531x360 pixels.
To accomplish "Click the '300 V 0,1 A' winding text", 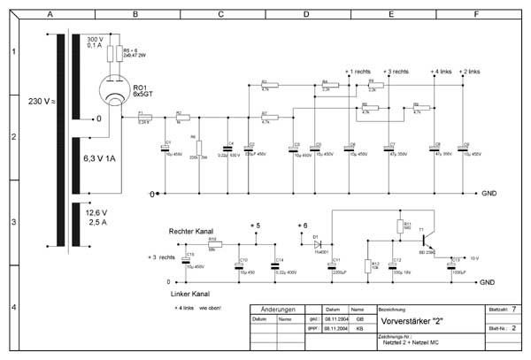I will (94, 44).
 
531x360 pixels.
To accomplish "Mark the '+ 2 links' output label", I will (470, 72).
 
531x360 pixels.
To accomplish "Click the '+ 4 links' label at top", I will (441, 72).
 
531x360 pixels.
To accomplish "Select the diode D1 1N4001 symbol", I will (317, 241).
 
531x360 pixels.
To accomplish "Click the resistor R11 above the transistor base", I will (399, 226).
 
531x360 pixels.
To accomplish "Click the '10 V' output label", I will (473, 257).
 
